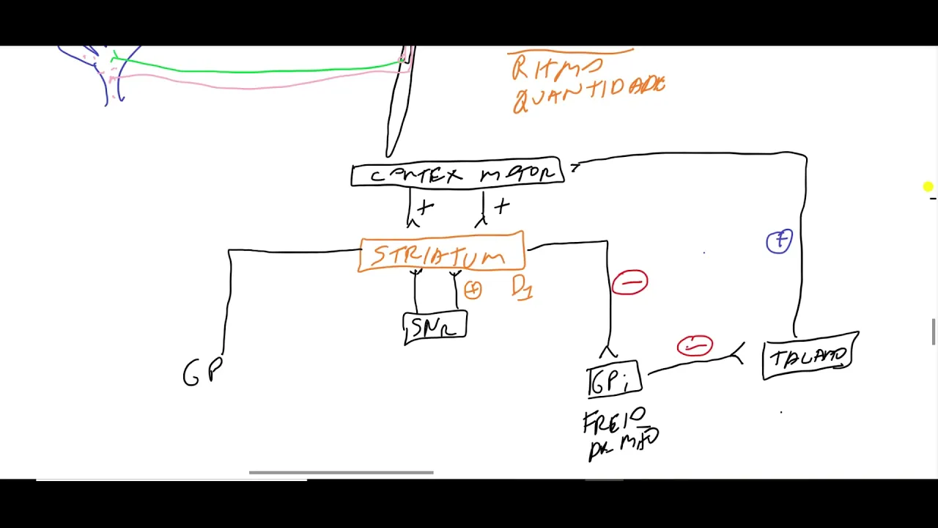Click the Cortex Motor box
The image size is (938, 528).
[457, 175]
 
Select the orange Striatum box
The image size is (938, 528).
[441, 254]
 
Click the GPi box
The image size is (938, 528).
[614, 381]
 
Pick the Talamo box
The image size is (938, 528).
[810, 357]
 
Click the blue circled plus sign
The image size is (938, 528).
[779, 241]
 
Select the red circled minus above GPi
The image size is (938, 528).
[630, 282]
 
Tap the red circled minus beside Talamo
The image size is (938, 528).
[695, 345]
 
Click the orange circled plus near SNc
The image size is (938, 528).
[473, 290]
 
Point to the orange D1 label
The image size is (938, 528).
[522, 287]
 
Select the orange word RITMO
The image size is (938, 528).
[557, 68]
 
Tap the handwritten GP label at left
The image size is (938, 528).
[202, 373]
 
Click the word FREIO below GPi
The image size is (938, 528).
[614, 421]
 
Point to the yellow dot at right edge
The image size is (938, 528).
[928, 188]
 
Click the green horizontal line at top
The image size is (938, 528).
[256, 70]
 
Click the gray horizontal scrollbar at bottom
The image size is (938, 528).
[341, 472]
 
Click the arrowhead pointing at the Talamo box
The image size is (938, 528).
[737, 354]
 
